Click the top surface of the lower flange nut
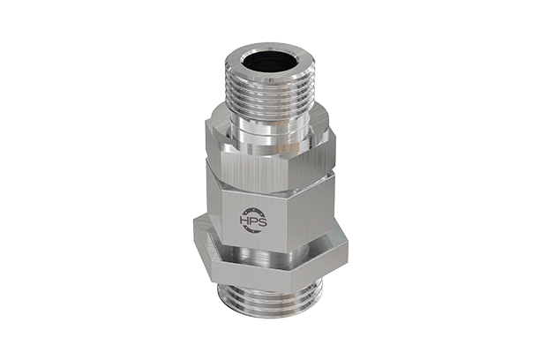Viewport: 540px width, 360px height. pos(265,236)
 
